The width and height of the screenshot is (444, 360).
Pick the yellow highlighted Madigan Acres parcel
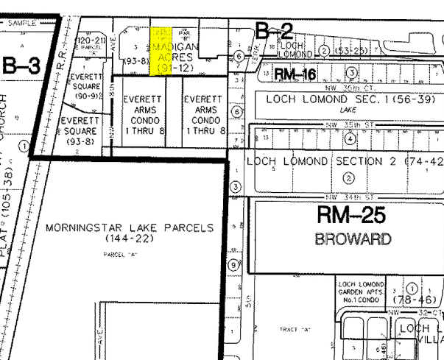pos(161,52)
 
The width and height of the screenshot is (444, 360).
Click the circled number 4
pos(350,138)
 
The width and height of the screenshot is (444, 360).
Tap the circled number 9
pos(233,265)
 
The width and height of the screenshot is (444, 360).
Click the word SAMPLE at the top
pos(22,24)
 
